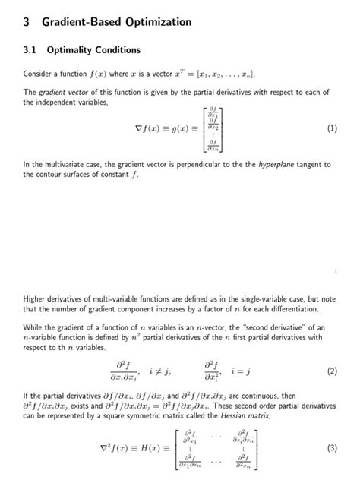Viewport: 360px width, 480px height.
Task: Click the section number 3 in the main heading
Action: pos(27,23)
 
